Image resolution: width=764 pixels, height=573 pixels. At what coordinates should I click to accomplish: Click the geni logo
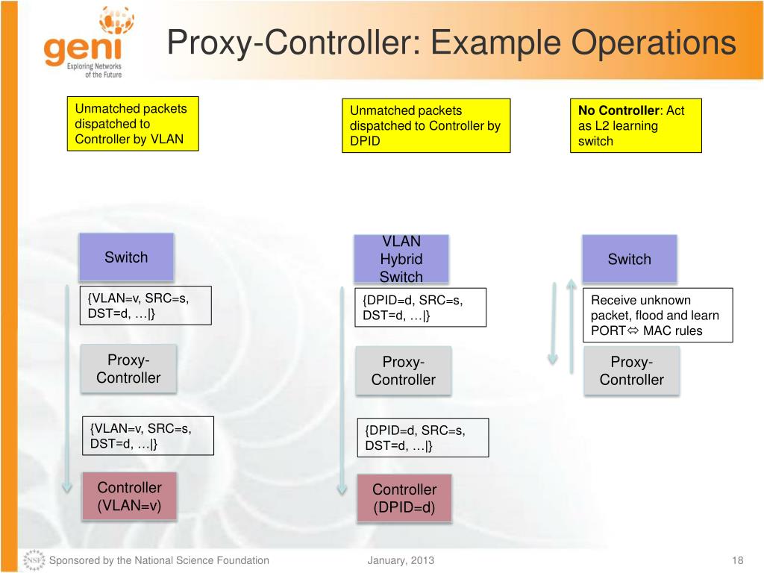coord(84,43)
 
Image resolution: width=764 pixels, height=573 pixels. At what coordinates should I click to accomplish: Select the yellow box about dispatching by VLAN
coord(133,124)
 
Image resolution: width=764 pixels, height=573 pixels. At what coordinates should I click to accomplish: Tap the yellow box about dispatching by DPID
coord(426,125)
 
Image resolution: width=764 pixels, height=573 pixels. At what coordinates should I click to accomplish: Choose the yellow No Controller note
coord(636,125)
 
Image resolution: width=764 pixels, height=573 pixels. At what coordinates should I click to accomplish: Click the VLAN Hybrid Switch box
coord(401,259)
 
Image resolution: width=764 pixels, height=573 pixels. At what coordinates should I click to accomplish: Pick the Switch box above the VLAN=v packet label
coord(126,257)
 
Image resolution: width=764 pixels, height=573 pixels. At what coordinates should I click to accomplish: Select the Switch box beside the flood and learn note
coord(629,259)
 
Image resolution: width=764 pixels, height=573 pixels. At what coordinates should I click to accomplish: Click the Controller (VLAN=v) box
coord(129,497)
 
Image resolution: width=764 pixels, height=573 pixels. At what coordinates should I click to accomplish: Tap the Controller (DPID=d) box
coord(404,499)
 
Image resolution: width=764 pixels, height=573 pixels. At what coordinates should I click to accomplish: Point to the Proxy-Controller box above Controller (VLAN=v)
coord(128,369)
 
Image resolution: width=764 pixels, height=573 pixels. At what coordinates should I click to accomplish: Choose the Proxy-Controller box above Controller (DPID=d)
coord(403,371)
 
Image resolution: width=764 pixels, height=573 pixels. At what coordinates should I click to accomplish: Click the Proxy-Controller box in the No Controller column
coord(631,371)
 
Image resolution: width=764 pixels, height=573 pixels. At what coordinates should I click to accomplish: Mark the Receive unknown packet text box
coord(657,315)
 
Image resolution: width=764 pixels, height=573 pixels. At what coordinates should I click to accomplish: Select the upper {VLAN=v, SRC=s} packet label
coord(145,305)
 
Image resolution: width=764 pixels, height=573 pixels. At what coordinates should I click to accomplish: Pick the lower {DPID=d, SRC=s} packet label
coord(423,437)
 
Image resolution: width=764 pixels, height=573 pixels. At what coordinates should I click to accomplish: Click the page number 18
coord(739,560)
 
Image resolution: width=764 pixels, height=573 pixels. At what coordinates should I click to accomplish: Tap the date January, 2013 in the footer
coord(401,560)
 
